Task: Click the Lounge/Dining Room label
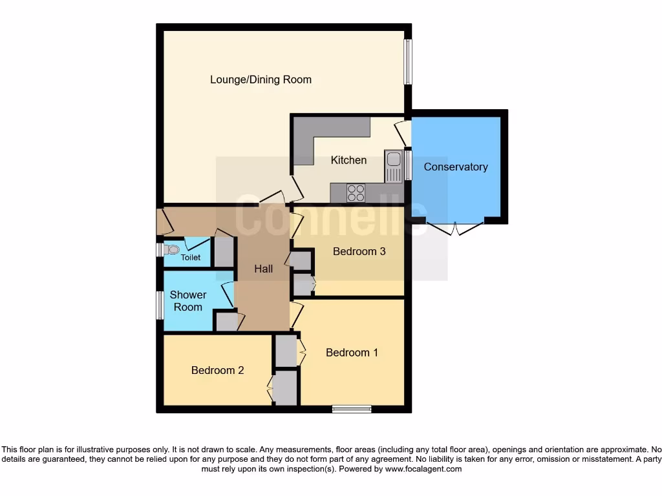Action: tap(261, 80)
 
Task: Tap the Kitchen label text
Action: tap(348, 160)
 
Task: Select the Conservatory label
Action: tap(455, 167)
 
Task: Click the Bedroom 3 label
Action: tap(359, 251)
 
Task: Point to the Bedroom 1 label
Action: tap(352, 353)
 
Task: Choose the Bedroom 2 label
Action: tap(217, 371)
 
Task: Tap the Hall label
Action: tap(263, 269)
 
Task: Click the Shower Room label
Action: tap(188, 301)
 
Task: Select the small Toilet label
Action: tap(190, 258)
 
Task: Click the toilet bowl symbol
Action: tap(172, 249)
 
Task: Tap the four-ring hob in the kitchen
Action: tap(356, 193)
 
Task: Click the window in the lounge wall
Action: tap(408, 63)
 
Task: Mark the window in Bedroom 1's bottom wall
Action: tap(352, 409)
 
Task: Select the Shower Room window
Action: tap(159, 304)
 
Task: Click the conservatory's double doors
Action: tap(456, 227)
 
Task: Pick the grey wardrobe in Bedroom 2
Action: tap(285, 387)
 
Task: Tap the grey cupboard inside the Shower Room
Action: tap(226, 322)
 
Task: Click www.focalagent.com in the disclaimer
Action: tap(423, 470)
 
